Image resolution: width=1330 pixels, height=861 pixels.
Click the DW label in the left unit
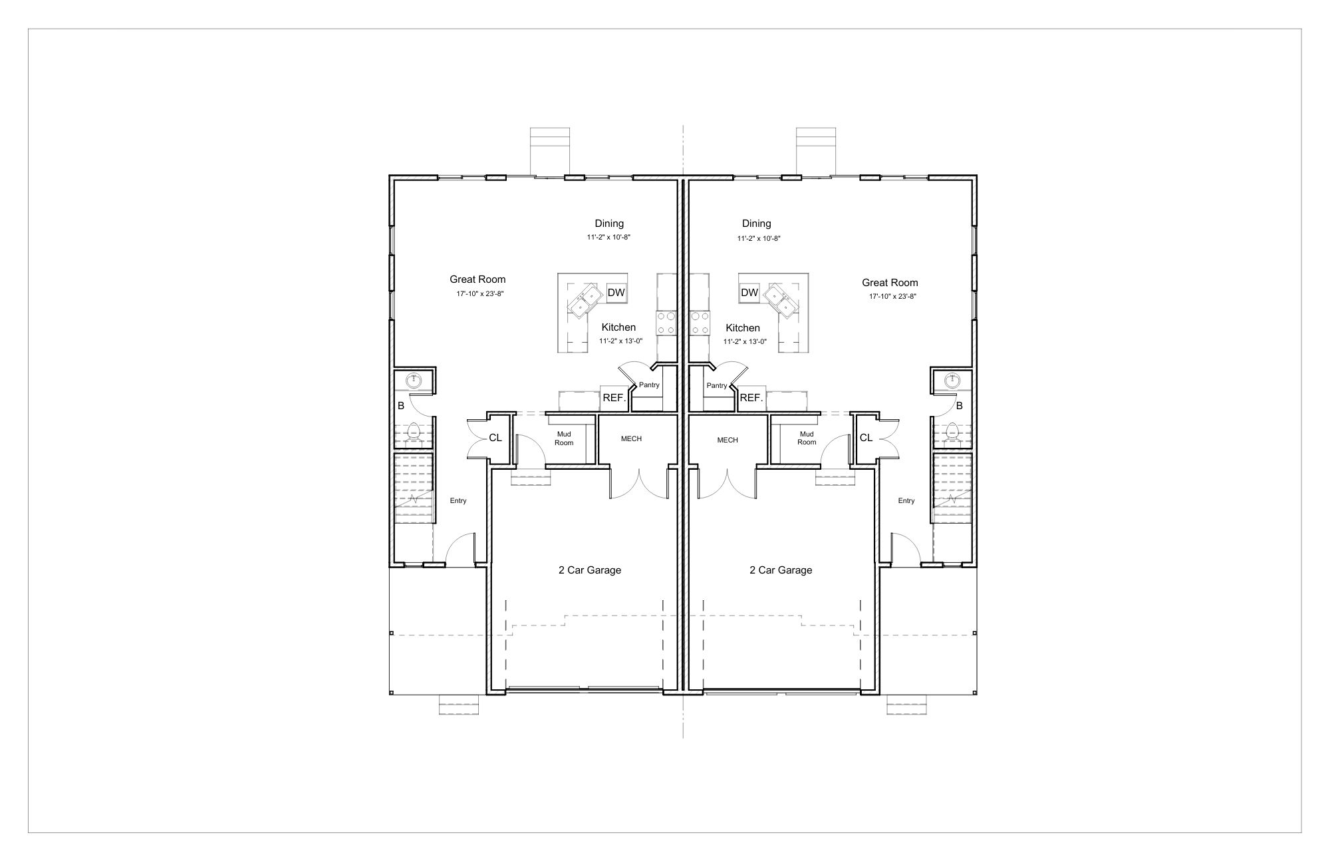tap(616, 293)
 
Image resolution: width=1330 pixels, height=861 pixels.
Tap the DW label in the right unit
tap(749, 293)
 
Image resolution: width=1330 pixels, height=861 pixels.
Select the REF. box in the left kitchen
tap(614, 398)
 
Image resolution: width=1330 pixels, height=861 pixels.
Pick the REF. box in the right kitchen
tap(751, 398)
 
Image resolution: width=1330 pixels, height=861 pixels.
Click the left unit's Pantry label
tap(649, 385)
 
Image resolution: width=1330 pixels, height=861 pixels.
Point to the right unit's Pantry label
tap(717, 386)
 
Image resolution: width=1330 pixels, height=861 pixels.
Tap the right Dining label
tap(757, 224)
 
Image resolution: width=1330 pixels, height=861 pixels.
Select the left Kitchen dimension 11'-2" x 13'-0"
tap(621, 341)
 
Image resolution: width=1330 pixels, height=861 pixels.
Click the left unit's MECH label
tap(631, 439)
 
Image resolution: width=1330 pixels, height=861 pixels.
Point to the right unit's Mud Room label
tap(807, 438)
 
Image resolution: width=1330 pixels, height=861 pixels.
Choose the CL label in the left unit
tap(495, 438)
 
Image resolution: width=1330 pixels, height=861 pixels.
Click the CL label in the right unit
tap(866, 438)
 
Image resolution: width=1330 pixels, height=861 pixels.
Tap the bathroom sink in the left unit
tap(414, 380)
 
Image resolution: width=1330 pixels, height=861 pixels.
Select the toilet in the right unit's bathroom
tap(952, 432)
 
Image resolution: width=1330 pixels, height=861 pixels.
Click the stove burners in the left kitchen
tap(666, 324)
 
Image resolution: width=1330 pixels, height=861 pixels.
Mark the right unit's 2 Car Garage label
tap(781, 570)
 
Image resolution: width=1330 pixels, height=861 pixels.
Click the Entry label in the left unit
tap(458, 501)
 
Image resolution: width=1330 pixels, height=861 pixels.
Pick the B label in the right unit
tap(960, 405)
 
